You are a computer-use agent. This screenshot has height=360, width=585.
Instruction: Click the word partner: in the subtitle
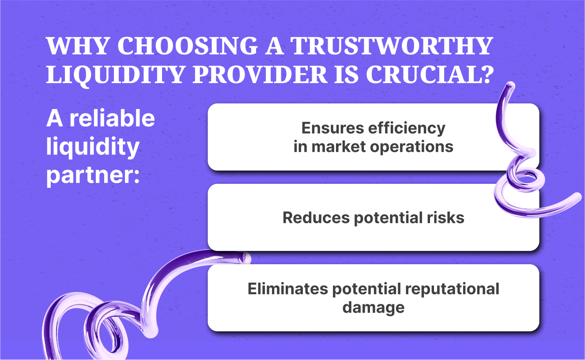point(93,175)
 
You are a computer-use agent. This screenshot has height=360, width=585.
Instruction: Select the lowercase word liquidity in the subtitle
point(92,148)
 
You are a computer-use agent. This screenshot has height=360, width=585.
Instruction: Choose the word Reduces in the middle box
point(315,218)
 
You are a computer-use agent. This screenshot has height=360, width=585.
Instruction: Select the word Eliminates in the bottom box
point(287,289)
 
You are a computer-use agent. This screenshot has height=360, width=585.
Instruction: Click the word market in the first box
point(339,147)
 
